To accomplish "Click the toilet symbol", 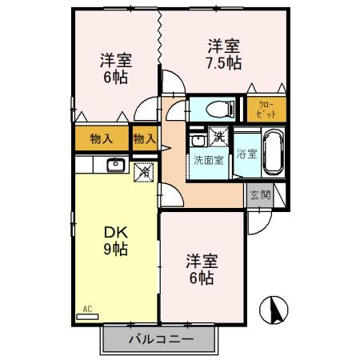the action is [220, 109].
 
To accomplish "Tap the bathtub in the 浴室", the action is [274, 152].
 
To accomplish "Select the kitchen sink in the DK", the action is [116, 165].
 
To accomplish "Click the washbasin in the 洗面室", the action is [198, 140].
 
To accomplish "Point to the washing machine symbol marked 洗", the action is [218, 136].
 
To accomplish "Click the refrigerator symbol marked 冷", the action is [144, 173].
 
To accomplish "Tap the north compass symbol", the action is [274, 310].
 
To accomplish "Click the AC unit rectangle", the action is [87, 317].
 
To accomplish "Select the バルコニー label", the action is [161, 339].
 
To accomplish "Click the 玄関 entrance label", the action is [260, 195].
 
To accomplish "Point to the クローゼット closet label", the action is [266, 110].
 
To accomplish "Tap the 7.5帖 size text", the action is [224, 63].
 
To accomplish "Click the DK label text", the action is [116, 233].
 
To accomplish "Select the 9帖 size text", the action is [116, 249].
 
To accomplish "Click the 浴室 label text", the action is [246, 154].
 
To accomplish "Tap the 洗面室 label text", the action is [208, 160].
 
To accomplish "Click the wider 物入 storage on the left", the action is [102, 138].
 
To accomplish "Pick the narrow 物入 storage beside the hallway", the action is [146, 138].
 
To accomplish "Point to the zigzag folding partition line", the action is [159, 37].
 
